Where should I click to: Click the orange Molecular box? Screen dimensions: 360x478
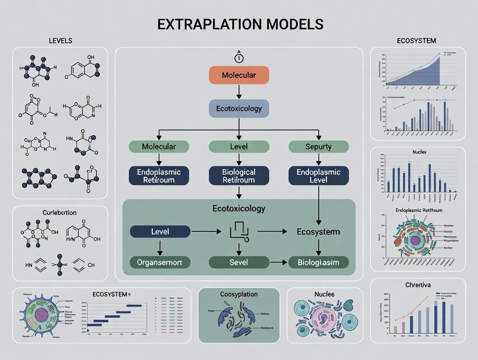[x=239, y=75]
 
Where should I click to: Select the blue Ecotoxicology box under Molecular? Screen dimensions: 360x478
[x=239, y=109]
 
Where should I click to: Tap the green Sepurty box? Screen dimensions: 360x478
[x=318, y=147]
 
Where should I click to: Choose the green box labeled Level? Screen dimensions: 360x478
[x=239, y=147]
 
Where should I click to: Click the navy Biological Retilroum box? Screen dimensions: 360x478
[x=239, y=176]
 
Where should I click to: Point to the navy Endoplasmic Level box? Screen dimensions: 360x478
[x=318, y=176]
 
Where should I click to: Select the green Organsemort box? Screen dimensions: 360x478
[x=160, y=262]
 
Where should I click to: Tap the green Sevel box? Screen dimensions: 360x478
[x=239, y=262]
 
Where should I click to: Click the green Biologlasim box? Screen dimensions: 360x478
[x=318, y=262]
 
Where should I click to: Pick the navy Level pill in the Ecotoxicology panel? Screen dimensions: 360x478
[x=160, y=231]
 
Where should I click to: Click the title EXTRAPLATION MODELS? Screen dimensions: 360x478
[x=240, y=24]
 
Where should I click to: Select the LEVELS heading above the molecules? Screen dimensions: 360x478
[x=60, y=41]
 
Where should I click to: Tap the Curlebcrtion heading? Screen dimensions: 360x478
[x=60, y=212]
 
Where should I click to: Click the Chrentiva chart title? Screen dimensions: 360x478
[x=418, y=285]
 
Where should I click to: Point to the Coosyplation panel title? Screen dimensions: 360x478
[x=239, y=294]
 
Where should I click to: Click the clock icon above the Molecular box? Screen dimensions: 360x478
[x=239, y=58]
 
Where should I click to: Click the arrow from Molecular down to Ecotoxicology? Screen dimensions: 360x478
[x=239, y=91]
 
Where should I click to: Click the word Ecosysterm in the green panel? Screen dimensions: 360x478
[x=318, y=231]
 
